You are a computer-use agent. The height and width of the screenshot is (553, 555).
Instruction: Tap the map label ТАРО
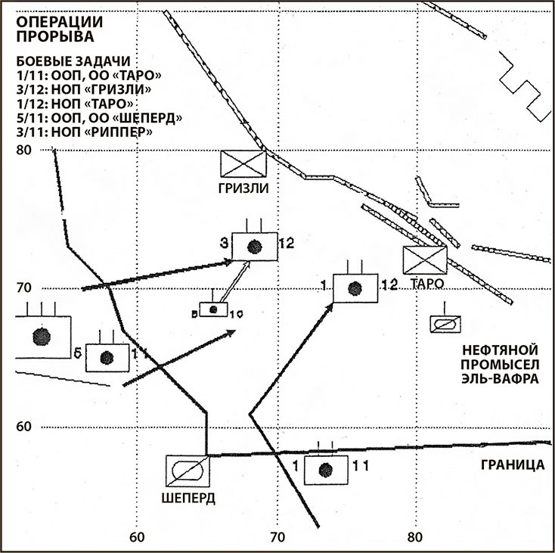(x=426, y=284)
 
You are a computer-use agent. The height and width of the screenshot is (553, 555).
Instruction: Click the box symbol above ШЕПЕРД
(x=187, y=472)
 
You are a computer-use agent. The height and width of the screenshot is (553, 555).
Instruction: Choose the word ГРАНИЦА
(x=513, y=464)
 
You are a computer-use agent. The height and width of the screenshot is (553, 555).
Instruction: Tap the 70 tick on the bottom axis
(x=277, y=538)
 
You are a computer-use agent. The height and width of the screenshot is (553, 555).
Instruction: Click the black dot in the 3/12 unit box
(x=254, y=246)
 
